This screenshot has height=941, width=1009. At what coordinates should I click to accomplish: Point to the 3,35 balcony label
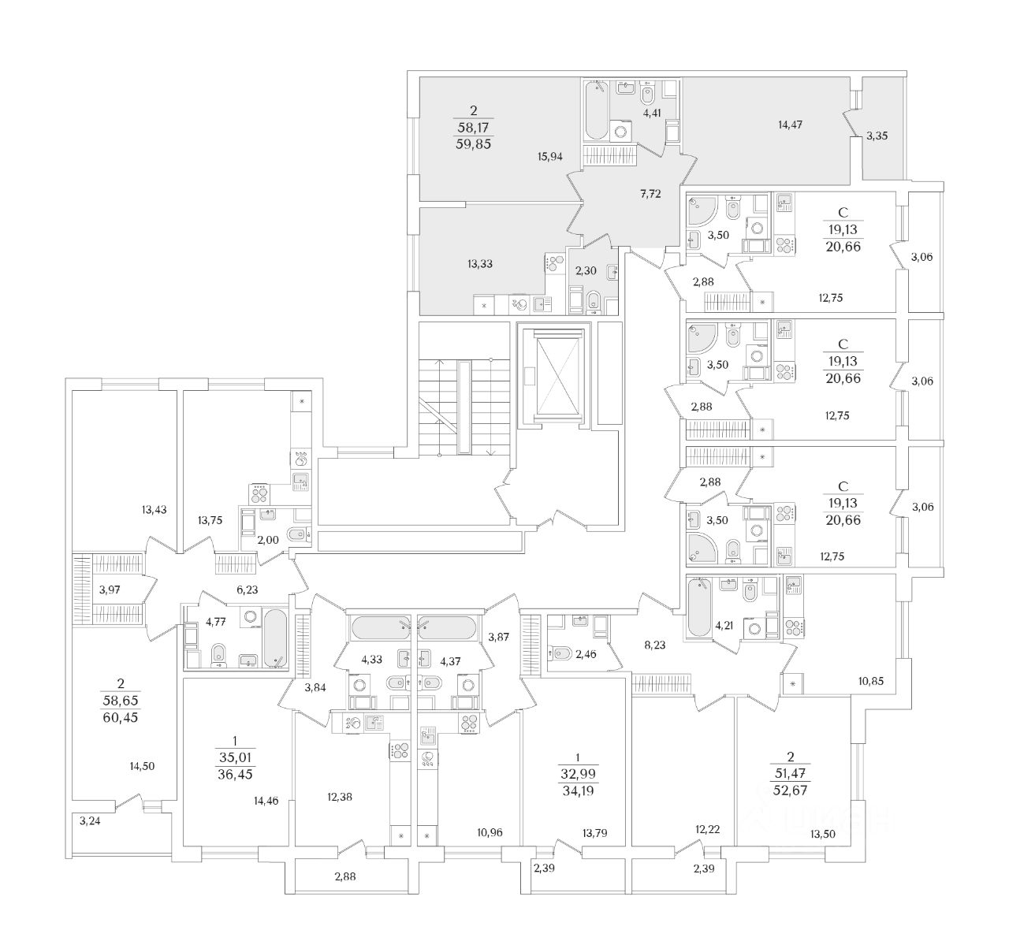point(877,136)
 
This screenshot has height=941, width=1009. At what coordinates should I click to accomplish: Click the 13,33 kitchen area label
point(479,264)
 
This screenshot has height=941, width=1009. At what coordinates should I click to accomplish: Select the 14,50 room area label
point(143,765)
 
